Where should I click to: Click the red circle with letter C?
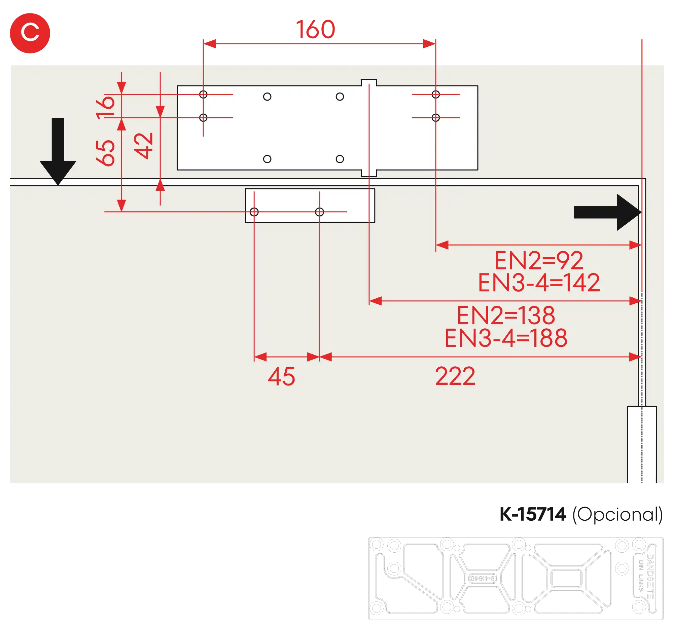(x=30, y=33)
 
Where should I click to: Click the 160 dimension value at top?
(x=316, y=30)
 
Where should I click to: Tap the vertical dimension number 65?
(x=106, y=153)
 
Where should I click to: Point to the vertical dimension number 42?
(x=144, y=146)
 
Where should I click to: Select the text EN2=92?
(x=539, y=261)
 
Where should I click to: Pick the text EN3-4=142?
(x=539, y=283)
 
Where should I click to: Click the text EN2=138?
(x=506, y=316)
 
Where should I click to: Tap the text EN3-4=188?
(x=506, y=338)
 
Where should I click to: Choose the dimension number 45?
(x=281, y=377)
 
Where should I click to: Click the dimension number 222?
(x=455, y=376)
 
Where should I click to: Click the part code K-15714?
(x=532, y=514)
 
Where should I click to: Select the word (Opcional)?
(x=617, y=515)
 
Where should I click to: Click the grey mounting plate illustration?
(x=515, y=578)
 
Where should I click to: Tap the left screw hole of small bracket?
(x=254, y=212)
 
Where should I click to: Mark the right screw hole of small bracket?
(x=319, y=212)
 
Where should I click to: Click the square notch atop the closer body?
(x=369, y=82)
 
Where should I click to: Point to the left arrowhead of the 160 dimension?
(x=210, y=44)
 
